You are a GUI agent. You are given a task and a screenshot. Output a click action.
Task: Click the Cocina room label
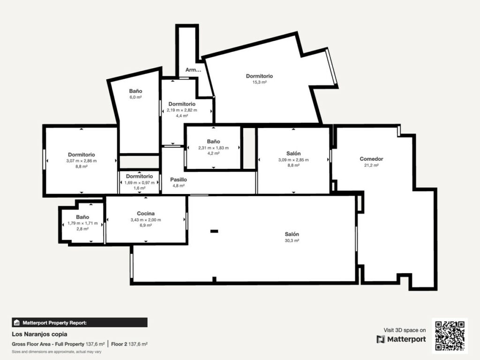146,213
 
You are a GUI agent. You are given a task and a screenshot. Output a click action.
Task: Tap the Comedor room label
371,159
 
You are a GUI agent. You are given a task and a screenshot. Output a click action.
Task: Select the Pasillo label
179,180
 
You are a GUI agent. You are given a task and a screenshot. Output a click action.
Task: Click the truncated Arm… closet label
193,70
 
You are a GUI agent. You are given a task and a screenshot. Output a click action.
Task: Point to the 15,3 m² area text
259,82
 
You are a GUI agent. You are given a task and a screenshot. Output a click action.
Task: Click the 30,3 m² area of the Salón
292,240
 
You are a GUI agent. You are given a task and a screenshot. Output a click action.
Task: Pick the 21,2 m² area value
371,165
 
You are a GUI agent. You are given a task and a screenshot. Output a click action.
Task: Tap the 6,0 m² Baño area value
135,97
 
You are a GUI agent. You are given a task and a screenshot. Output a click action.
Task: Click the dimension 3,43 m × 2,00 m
146,220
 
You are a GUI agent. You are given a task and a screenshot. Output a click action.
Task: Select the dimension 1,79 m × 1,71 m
82,223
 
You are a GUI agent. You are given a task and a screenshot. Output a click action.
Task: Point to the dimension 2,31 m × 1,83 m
213,148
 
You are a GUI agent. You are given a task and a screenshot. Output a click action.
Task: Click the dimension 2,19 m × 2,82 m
182,110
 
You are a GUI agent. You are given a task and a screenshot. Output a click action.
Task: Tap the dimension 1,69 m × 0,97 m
139,183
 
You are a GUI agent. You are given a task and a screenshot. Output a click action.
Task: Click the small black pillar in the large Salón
214,231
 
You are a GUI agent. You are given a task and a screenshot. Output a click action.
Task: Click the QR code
450,336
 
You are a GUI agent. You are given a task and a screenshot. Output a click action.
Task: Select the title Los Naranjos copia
39,334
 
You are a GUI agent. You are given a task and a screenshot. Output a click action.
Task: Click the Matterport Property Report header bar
80,322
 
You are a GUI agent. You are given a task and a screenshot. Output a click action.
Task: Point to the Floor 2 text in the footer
119,344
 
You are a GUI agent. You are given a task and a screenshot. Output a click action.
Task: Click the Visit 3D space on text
405,330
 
